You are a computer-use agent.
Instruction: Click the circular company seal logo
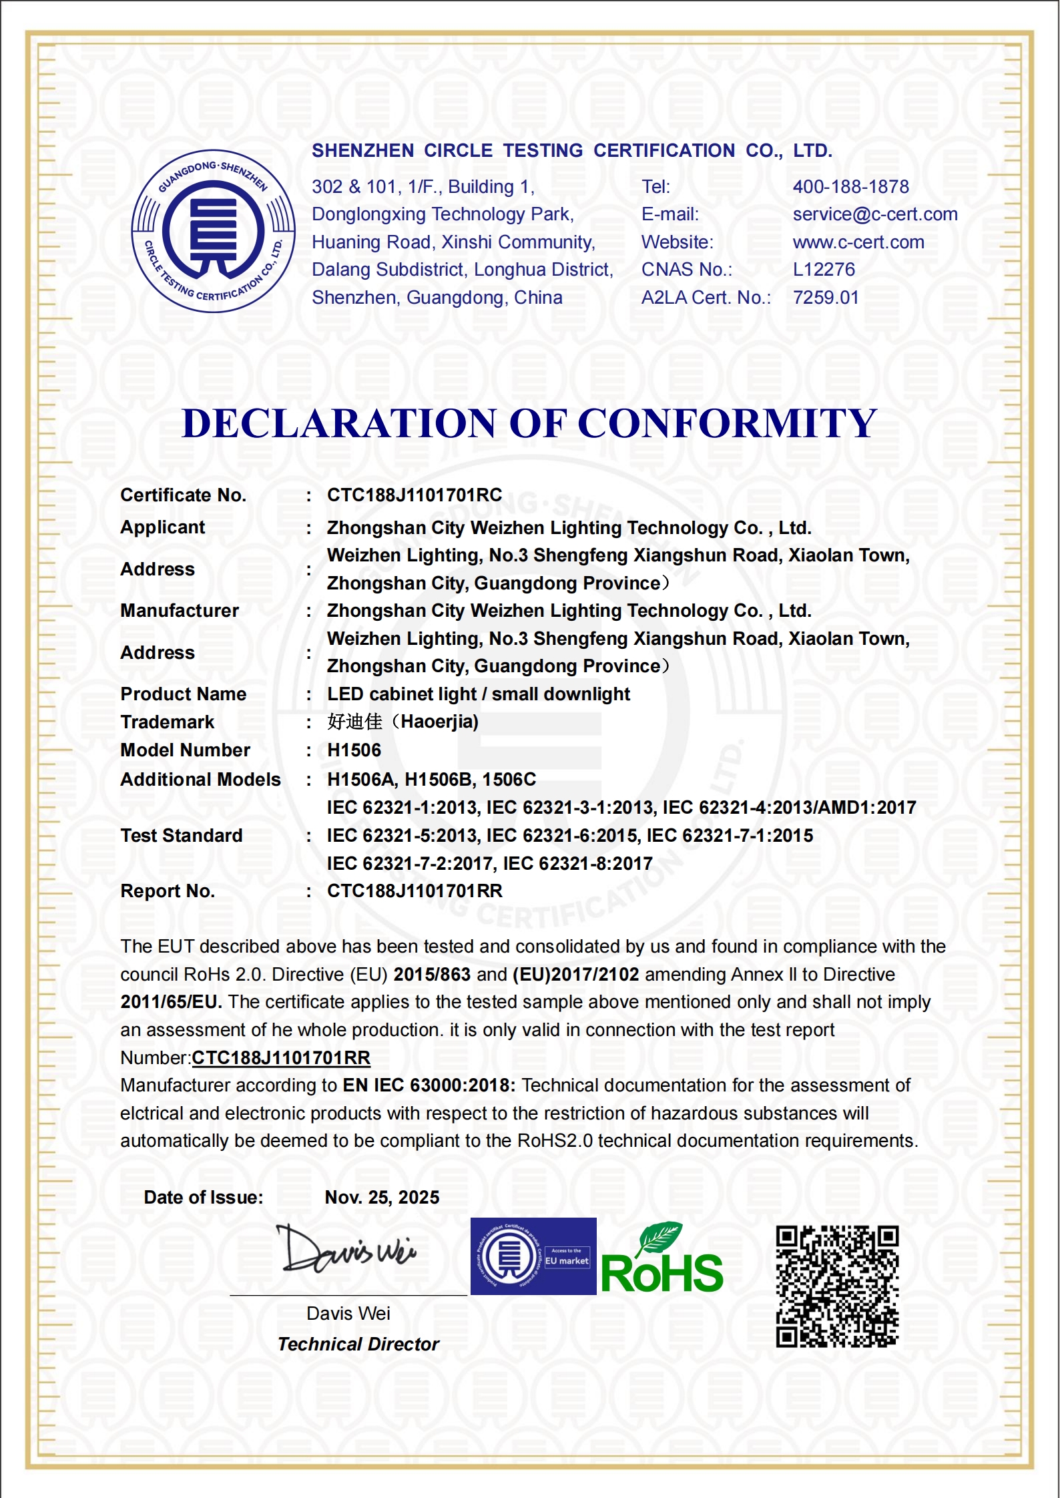[213, 231]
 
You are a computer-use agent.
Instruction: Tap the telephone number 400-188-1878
[850, 187]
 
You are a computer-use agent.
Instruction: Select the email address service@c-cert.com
[874, 214]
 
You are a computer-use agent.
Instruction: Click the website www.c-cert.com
[858, 242]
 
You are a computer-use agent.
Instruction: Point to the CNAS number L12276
[823, 270]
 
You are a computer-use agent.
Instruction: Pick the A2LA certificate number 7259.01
[825, 298]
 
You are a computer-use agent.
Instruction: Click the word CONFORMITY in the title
[727, 423]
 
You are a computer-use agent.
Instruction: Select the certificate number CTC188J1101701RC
[414, 495]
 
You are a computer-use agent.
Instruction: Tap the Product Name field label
[183, 694]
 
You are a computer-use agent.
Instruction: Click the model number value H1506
[354, 750]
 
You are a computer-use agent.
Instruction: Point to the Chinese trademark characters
[355, 722]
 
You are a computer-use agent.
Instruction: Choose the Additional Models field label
[200, 780]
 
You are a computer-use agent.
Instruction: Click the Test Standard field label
[181, 836]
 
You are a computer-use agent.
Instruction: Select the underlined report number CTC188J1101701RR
[280, 1058]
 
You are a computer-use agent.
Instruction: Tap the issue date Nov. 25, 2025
[382, 1198]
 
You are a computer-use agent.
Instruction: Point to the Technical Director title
[358, 1344]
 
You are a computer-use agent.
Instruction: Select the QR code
[837, 1286]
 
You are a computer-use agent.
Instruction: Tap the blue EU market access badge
[533, 1256]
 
